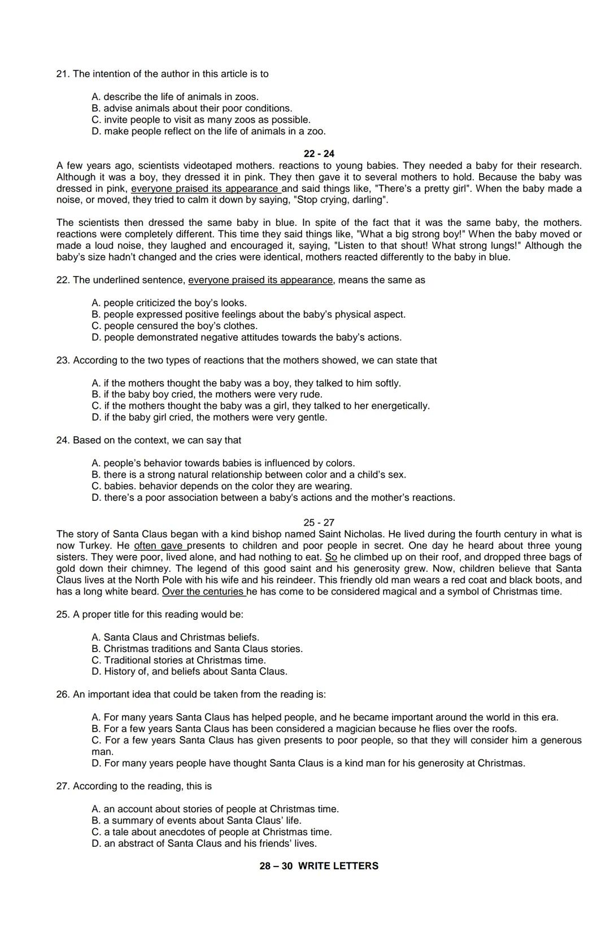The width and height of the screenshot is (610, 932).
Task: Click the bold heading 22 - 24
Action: (x=319, y=154)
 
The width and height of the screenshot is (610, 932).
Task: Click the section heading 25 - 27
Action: (x=319, y=523)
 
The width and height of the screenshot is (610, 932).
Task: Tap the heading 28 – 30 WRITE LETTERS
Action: (x=319, y=866)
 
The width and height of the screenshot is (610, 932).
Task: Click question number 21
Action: (x=62, y=74)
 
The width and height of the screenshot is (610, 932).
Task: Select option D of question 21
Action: (x=208, y=132)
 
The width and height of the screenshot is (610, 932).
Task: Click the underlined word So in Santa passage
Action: (x=331, y=557)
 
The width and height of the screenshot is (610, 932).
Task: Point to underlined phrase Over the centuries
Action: (x=203, y=592)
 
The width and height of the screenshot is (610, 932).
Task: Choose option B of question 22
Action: (x=249, y=314)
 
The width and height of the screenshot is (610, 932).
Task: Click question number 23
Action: (x=62, y=360)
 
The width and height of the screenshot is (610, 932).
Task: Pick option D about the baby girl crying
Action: (x=210, y=418)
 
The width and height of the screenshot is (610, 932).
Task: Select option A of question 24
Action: (x=223, y=463)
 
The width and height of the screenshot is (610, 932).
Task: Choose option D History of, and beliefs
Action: (x=189, y=672)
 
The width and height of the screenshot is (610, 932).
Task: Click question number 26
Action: (x=62, y=694)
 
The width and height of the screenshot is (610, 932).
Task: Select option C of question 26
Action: (x=336, y=740)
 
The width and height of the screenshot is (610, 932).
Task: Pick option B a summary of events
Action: (x=197, y=821)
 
